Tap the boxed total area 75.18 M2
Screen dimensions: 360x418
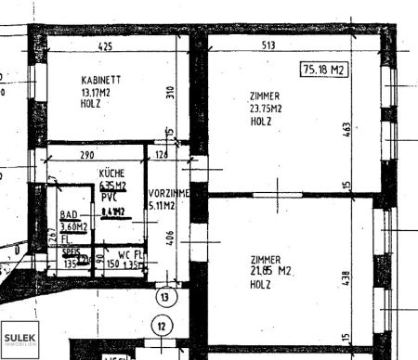click(x=323, y=71)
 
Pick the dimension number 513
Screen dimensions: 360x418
click(x=295, y=45)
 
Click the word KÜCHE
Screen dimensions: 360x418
click(x=111, y=174)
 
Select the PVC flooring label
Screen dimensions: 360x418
click(x=109, y=198)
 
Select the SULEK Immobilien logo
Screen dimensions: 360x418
click(x=19, y=340)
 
